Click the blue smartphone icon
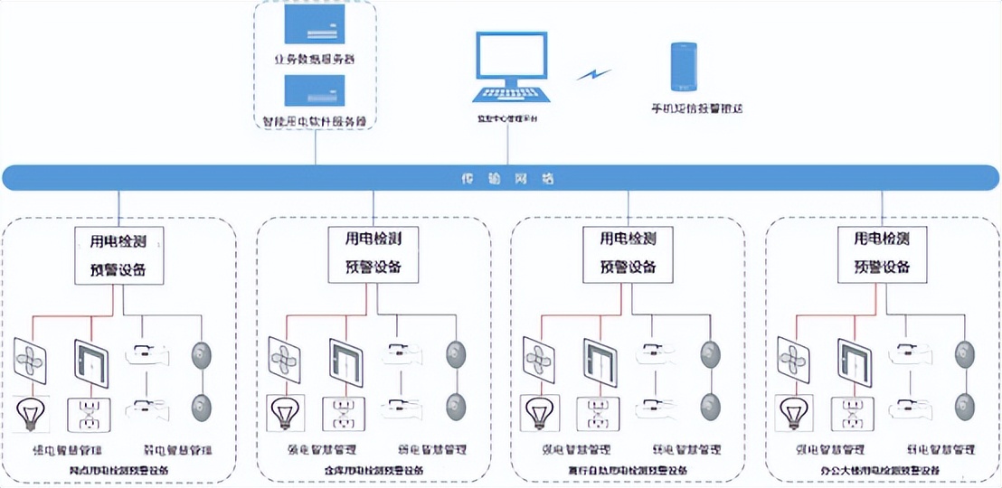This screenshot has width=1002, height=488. tap(683, 65)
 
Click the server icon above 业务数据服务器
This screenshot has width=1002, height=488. tap(316, 24)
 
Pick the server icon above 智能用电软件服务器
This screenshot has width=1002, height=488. tap(316, 92)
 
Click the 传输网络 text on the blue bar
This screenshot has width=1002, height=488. tap(501, 179)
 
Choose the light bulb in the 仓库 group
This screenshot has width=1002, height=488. tap(283, 412)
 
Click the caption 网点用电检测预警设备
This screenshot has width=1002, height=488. tap(118, 470)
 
